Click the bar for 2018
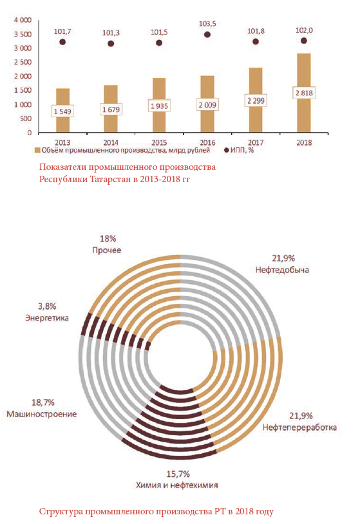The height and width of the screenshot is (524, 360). pos(303,93)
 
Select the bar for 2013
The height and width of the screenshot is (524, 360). pos(62,110)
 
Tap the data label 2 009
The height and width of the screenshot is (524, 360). pos(207,105)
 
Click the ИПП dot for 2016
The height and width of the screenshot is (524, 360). pos(207,34)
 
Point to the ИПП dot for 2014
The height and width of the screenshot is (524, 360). pos(111,43)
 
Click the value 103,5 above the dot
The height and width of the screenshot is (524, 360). pos(207,24)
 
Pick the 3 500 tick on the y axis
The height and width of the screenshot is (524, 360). pos(23,34)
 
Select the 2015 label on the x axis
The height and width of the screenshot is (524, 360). pos(159,142)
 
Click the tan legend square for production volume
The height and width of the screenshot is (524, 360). pos(37,150)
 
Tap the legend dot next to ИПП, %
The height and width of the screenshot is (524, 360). pos(226,150)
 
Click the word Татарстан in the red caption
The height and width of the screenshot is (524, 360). pos(111,179)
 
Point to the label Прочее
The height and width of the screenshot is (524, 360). pos(107,250)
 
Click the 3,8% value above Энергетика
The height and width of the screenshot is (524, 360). pos(47,306)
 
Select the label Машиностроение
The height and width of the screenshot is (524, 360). pos(42,414)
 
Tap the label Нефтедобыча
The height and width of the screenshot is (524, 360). pos(283,270)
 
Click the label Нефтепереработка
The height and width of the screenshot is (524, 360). pos(299,427)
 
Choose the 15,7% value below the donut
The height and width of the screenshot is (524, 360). pos(178,474)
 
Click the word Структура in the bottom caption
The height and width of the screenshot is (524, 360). pos(61,511)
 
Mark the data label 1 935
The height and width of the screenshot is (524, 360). pos(159,106)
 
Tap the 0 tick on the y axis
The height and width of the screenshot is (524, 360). pos(30,133)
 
